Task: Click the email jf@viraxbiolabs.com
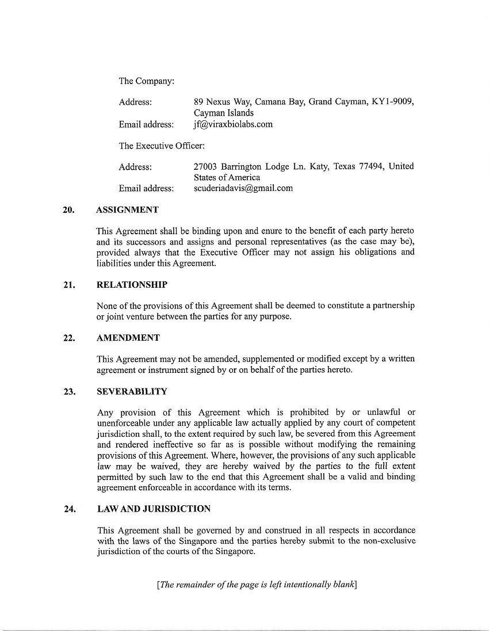pos(233,124)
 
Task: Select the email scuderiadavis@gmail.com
pos(243,188)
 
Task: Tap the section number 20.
pos(69,210)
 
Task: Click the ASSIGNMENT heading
pos(127,210)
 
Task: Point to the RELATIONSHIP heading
pos(132,285)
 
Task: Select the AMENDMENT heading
pos(128,338)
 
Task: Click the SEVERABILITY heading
pos(132,392)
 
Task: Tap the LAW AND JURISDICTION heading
pos(154,509)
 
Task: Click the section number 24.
pos(69,509)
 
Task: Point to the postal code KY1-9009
pos(393,102)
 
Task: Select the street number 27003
pos(207,167)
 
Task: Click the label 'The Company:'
pos(147,81)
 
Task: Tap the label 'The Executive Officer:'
pos(162,146)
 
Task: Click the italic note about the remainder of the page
pos(257,585)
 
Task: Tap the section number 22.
pos(69,338)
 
